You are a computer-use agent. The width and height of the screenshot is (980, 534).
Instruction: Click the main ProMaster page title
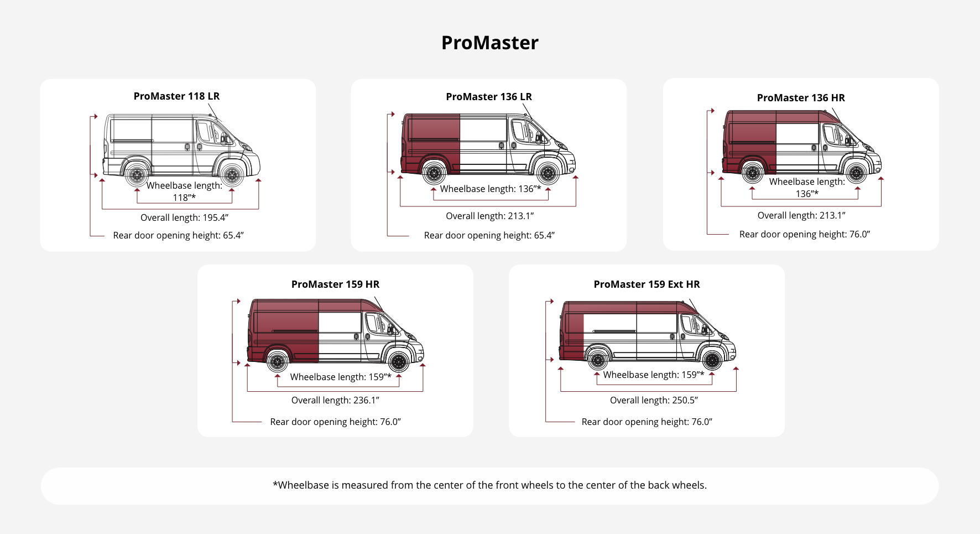pos(489,43)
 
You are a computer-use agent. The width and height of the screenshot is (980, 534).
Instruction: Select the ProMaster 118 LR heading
pos(176,96)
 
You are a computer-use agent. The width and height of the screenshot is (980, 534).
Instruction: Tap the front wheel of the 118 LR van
pos(232,175)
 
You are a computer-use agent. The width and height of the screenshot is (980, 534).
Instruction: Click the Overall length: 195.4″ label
pos(184,217)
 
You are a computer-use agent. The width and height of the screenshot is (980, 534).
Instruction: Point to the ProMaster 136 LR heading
pos(489,96)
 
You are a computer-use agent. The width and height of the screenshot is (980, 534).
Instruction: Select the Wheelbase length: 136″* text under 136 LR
pos(490,189)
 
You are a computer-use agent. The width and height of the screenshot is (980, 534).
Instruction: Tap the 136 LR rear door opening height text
pos(489,235)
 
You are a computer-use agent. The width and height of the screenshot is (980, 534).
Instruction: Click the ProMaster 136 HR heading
pos(801,97)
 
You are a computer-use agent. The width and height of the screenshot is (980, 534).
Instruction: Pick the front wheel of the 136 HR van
pos(856,173)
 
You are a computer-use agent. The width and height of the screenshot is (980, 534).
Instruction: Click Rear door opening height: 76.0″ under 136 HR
pos(804,234)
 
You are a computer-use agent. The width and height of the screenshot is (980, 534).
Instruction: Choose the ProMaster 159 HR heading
pos(335,284)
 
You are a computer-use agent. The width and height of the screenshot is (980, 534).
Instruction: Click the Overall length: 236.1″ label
pos(335,400)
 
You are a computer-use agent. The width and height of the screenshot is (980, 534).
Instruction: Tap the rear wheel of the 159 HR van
pos(278,362)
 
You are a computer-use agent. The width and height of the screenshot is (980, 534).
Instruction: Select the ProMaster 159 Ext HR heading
pos(647,284)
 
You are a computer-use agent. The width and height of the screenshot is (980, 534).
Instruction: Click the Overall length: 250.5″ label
pos(654,400)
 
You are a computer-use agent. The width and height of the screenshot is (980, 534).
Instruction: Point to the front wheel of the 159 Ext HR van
pos(712,361)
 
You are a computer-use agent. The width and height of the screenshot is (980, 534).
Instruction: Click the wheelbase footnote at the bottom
pos(489,485)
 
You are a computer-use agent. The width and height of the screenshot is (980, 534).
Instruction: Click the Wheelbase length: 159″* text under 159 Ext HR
pos(654,375)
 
